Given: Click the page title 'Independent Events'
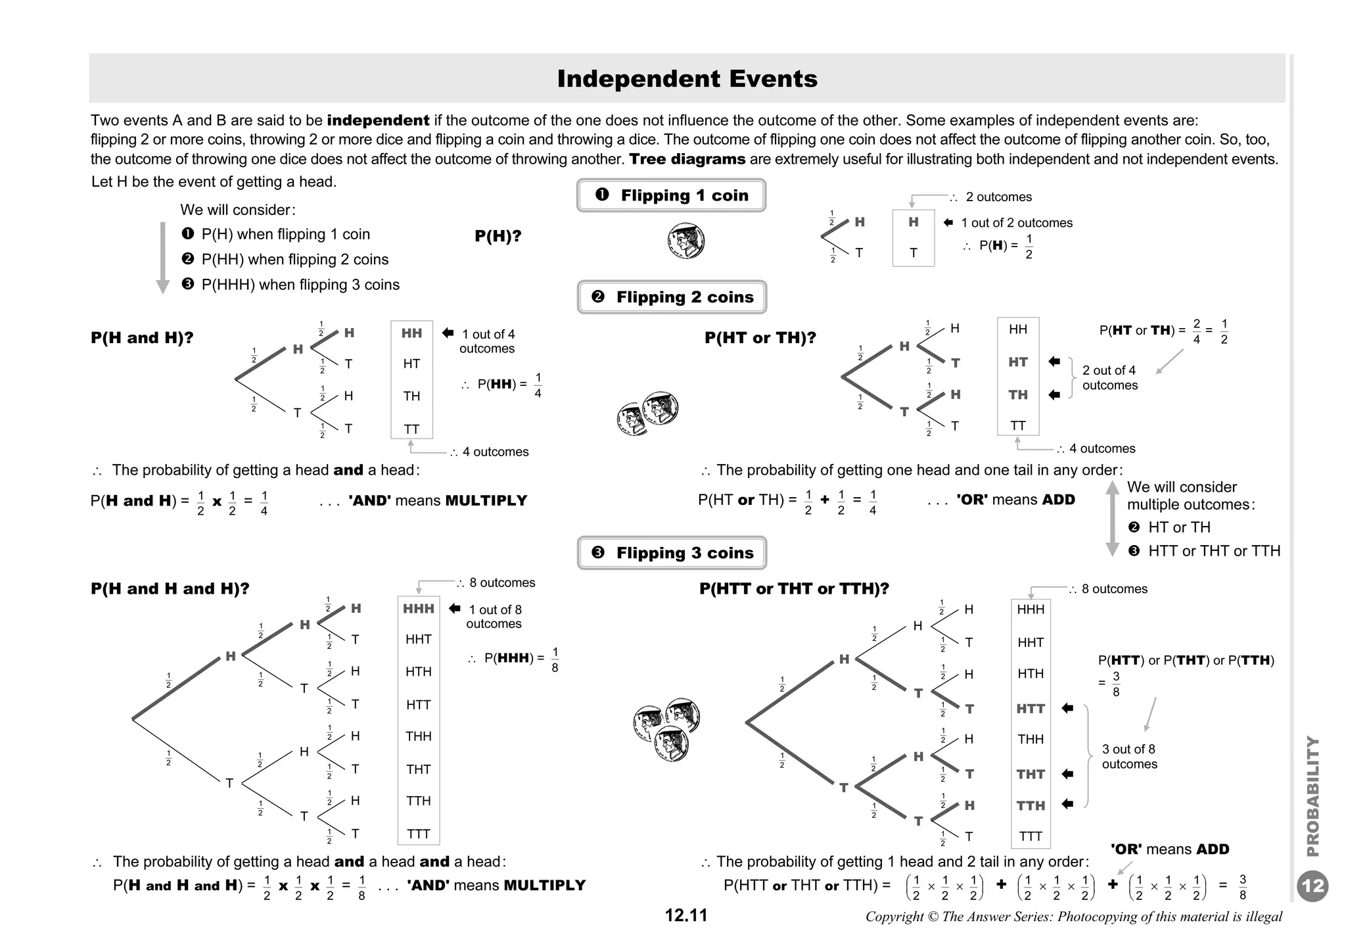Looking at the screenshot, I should tap(687, 79).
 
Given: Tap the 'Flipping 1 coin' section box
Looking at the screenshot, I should tap(671, 195).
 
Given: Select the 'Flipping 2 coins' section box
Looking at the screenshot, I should tap(672, 297).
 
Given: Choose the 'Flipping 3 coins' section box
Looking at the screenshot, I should tap(672, 553).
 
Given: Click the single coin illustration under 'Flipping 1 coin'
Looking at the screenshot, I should tap(685, 241).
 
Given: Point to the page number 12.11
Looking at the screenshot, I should tap(685, 915).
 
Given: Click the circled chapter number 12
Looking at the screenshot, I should tap(1312, 886).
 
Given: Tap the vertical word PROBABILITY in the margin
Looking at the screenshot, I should tap(1312, 796).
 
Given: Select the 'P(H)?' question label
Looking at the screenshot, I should tap(498, 236).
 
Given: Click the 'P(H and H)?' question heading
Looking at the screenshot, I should tap(142, 338).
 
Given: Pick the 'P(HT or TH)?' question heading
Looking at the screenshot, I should tap(760, 338).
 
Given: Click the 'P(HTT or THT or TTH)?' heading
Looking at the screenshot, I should tap(794, 588).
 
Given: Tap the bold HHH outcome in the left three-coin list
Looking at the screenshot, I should tap(419, 609).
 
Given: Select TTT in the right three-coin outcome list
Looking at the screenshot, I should tap(1031, 836).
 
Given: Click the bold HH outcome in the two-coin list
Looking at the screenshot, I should tap(411, 333).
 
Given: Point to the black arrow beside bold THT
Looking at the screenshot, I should tap(1067, 774).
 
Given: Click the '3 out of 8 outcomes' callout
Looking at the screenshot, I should tap(1129, 757).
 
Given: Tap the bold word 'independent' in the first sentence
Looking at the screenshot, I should tap(378, 120).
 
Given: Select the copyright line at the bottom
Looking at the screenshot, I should tap(1073, 916).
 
